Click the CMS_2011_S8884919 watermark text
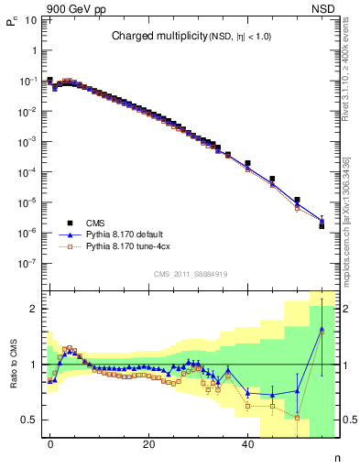point(191,274)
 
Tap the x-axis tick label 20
point(148,444)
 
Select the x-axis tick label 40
point(247,444)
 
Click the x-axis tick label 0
point(50,444)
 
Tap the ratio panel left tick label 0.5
point(27,420)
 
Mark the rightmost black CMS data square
point(322,225)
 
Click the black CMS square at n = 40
point(247,163)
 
